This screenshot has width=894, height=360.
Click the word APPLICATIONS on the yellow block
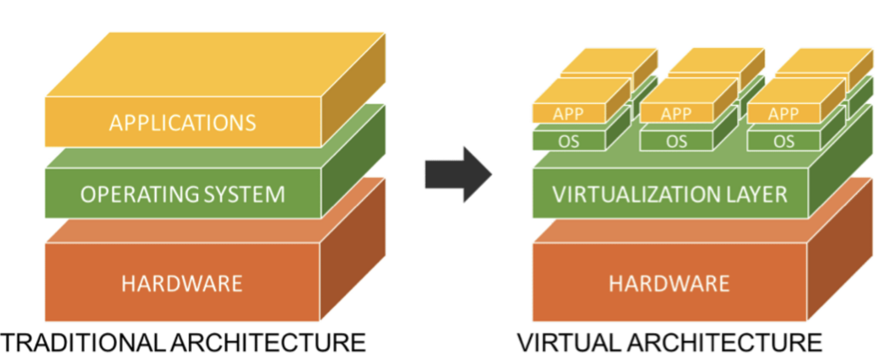[182, 123]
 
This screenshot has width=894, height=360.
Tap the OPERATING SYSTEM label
[182, 194]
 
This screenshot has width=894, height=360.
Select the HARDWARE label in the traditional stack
[182, 284]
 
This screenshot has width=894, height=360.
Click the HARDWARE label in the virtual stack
[669, 284]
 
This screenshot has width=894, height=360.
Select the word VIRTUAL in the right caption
[569, 343]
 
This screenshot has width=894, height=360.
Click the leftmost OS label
[568, 142]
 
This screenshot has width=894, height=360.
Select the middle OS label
[677, 142]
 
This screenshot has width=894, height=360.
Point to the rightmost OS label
[784, 142]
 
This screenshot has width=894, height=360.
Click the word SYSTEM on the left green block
[244, 194]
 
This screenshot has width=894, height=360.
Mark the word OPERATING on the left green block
[139, 194]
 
